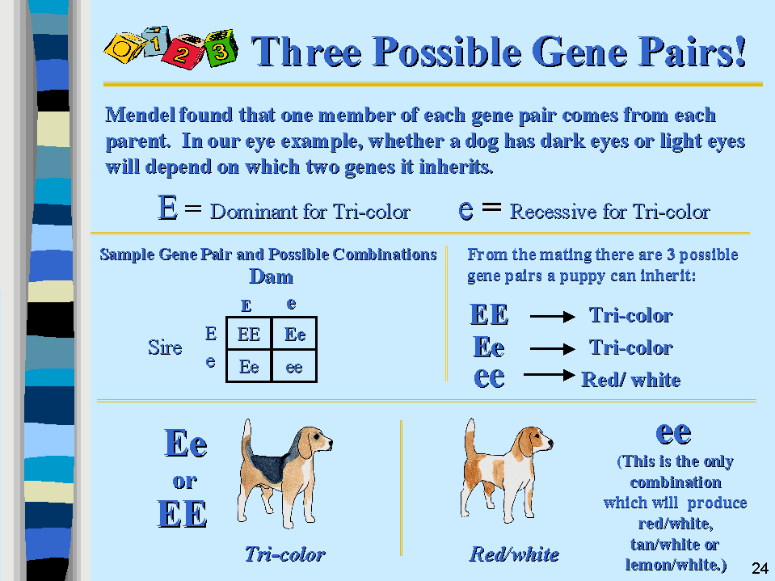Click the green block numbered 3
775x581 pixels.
click(x=221, y=48)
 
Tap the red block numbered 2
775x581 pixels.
click(x=183, y=52)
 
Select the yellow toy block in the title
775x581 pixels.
click(x=124, y=48)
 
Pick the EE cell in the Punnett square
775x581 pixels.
click(x=249, y=335)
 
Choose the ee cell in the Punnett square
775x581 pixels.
click(x=294, y=367)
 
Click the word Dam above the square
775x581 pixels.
click(x=271, y=276)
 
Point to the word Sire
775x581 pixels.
click(x=165, y=347)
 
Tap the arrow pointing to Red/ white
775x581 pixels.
click(x=549, y=375)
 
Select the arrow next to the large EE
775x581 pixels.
click(x=553, y=316)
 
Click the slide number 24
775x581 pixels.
click(x=760, y=568)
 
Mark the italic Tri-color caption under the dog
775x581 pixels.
click(x=285, y=554)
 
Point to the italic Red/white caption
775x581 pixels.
click(x=514, y=554)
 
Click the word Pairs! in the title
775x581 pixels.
click(x=693, y=52)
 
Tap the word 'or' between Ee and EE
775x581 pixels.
click(x=185, y=481)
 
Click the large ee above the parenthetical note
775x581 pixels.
click(x=673, y=433)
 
